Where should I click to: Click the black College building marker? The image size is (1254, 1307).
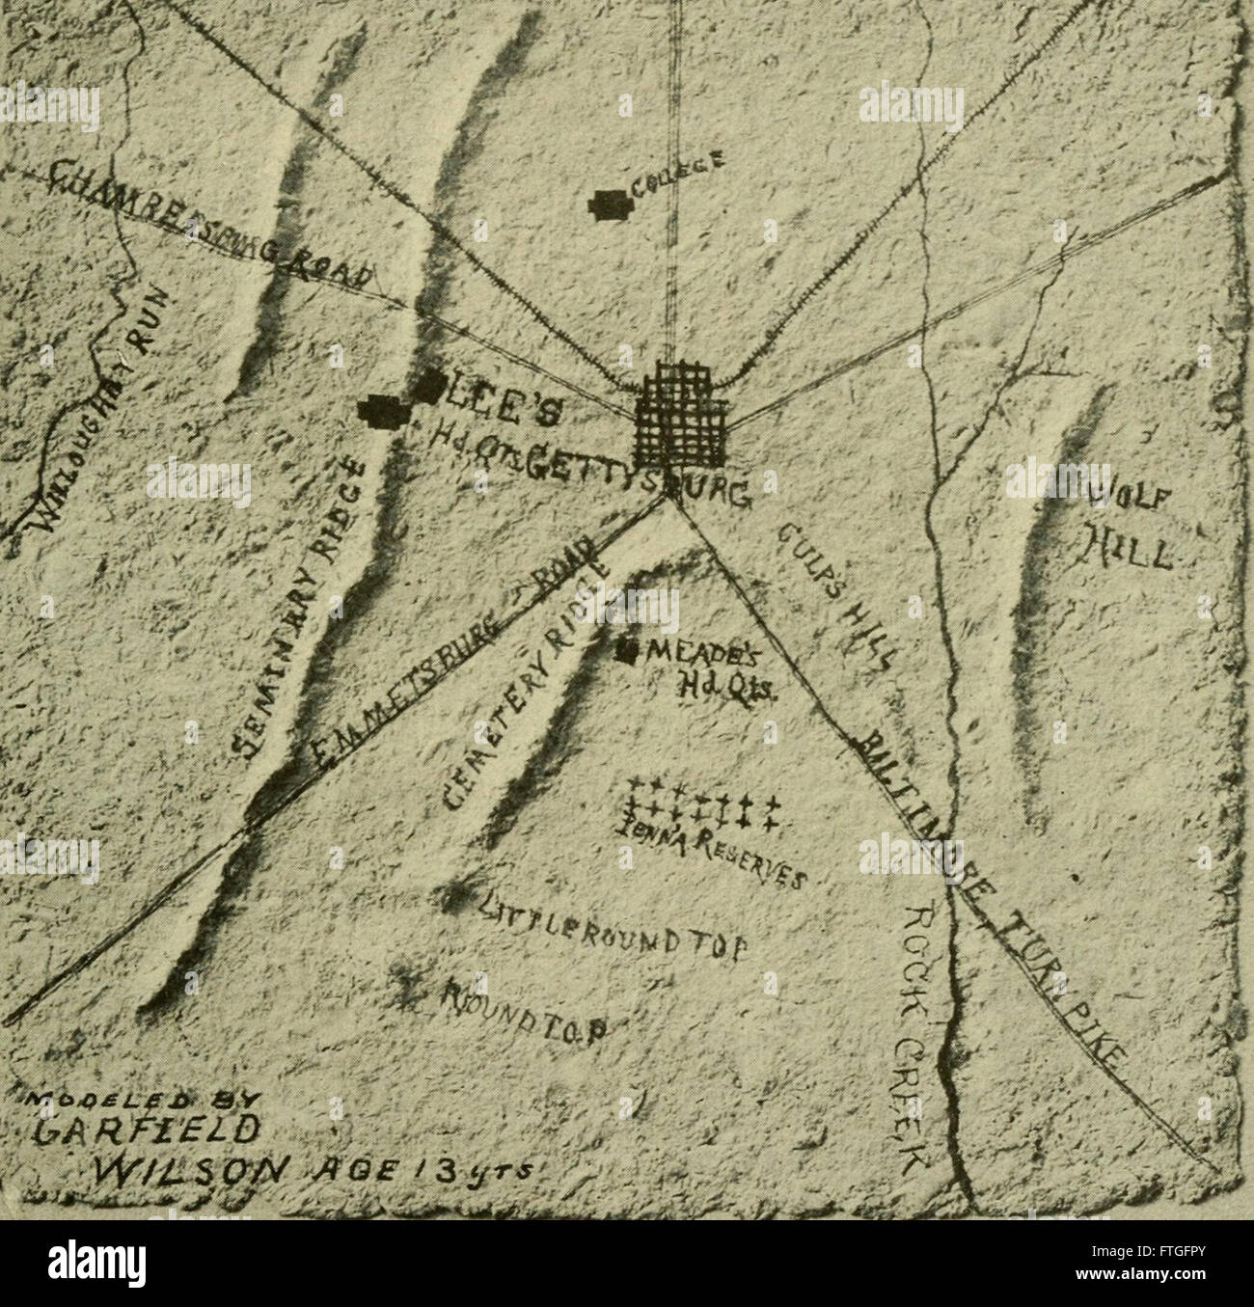pos(610,204)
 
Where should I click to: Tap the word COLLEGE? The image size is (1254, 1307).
pos(674,175)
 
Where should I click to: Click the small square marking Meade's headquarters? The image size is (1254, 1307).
pos(628,652)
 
